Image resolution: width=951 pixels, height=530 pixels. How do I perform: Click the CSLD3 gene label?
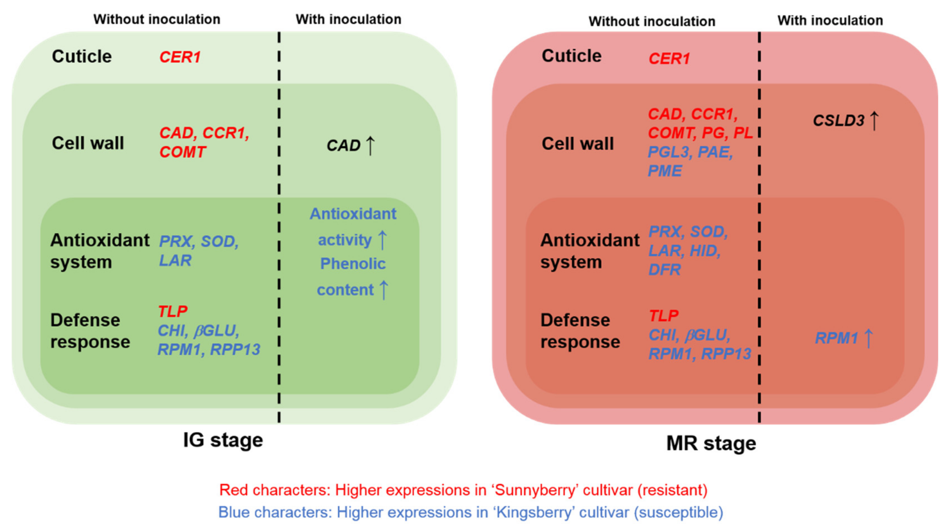[x=838, y=121]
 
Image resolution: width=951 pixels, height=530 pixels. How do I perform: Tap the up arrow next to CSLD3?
[x=874, y=120]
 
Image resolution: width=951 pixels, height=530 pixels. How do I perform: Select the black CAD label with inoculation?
[x=343, y=146]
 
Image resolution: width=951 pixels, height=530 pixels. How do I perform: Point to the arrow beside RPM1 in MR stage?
[x=869, y=338]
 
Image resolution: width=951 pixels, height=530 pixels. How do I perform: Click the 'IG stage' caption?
[x=223, y=440]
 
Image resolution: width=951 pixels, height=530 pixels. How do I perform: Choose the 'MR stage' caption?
[x=711, y=443]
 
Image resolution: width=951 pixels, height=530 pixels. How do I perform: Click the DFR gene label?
[x=665, y=270]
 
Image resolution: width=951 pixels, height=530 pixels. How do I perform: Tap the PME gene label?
[x=665, y=171]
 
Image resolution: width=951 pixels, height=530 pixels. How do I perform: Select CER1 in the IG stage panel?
[x=180, y=57]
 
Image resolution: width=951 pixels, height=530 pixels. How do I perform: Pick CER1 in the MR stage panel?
[x=669, y=59]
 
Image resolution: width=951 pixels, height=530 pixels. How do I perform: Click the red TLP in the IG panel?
[x=172, y=311]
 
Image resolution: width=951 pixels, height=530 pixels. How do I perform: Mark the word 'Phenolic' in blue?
[x=353, y=264]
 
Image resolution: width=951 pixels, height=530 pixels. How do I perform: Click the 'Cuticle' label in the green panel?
[x=82, y=56]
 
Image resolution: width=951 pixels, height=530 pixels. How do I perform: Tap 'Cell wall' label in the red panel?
[x=577, y=144]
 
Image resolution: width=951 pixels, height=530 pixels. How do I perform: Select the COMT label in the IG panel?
[x=182, y=152]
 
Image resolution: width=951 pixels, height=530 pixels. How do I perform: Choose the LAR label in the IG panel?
[x=175, y=260]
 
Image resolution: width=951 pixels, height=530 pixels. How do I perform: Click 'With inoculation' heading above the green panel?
[x=348, y=19]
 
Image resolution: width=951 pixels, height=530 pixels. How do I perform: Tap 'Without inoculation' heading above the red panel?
[x=652, y=22]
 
